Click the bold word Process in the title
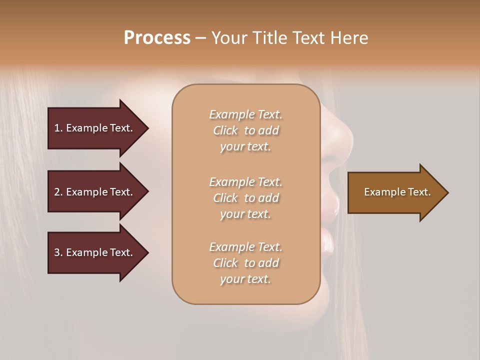click(x=157, y=38)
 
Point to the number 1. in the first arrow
click(x=58, y=128)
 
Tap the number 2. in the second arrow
click(x=58, y=192)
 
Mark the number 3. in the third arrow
click(x=58, y=252)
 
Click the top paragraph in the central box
click(x=245, y=130)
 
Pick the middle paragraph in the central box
click(x=245, y=198)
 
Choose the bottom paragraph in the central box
click(x=245, y=263)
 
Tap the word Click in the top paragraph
click(x=225, y=130)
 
